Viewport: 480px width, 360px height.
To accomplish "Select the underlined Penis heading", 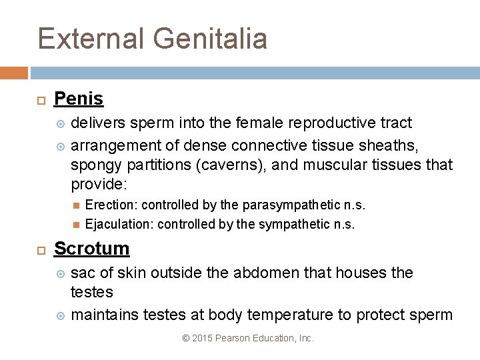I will (x=79, y=99).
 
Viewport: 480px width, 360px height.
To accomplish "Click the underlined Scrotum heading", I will (x=92, y=249).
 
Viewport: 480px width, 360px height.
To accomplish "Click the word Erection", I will (x=111, y=205).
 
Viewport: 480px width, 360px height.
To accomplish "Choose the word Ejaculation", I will (x=119, y=224).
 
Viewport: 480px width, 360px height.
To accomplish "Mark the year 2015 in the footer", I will (x=202, y=339).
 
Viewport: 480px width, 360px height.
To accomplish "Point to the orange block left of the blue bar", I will (x=13, y=73).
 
